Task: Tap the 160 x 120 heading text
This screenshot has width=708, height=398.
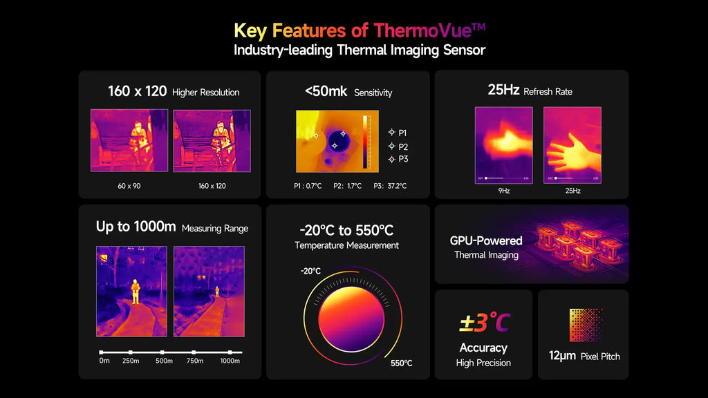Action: click(x=137, y=91)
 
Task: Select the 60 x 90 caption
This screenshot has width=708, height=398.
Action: click(x=129, y=185)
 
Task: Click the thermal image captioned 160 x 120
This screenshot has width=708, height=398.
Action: click(x=212, y=140)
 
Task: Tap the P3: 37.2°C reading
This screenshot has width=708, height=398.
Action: click(x=390, y=185)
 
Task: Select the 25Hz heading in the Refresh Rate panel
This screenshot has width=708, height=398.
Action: click(x=503, y=91)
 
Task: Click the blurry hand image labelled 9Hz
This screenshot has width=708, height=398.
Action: click(x=503, y=144)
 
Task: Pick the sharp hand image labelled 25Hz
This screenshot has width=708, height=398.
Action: click(x=572, y=144)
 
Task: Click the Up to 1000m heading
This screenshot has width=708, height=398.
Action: click(x=136, y=227)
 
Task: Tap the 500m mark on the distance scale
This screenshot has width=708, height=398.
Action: click(x=164, y=361)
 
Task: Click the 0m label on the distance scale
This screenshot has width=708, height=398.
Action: click(x=104, y=361)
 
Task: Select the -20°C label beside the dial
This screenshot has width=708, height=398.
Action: click(x=310, y=271)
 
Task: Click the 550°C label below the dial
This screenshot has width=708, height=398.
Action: click(x=402, y=363)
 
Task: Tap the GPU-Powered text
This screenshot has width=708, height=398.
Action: click(x=486, y=240)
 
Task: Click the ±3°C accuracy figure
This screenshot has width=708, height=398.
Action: click(x=484, y=322)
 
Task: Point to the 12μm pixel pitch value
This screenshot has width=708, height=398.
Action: click(x=562, y=356)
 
